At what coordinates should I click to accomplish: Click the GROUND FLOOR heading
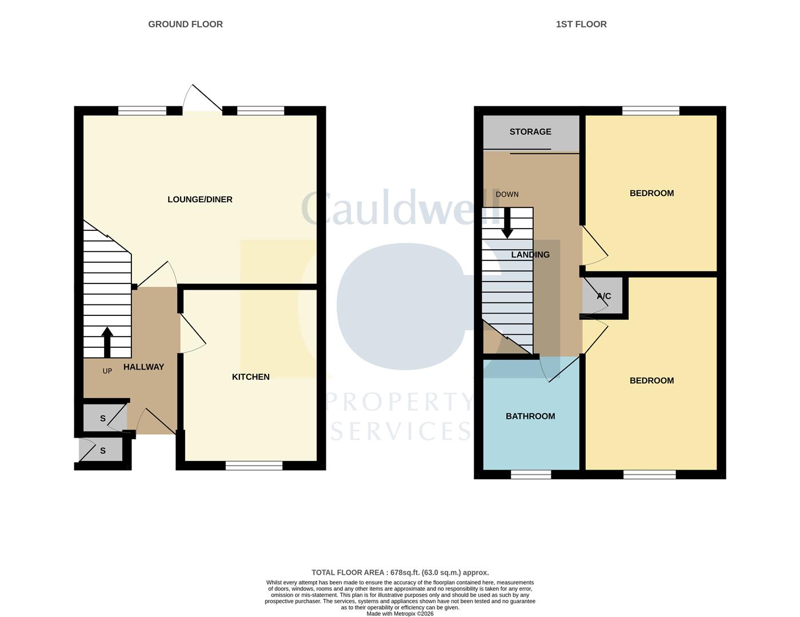[x=185, y=24]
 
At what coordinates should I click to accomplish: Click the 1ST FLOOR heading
[x=581, y=24]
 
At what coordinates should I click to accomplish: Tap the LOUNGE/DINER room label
[x=199, y=199]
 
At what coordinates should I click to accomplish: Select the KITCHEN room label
[x=250, y=376]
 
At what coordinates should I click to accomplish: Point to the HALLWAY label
[x=143, y=367]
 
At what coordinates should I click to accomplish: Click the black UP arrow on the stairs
[x=107, y=342]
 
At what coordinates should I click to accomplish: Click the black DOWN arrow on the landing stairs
[x=507, y=223]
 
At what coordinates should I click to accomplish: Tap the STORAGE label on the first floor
[x=530, y=131]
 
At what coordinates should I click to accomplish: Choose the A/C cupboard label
[x=604, y=296]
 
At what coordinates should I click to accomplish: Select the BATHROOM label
[x=530, y=416]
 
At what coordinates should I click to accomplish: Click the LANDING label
[x=530, y=254]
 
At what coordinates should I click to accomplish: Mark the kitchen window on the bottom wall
[x=254, y=466]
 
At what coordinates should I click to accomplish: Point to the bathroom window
[x=531, y=474]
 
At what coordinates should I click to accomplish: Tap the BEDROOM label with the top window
[x=651, y=193]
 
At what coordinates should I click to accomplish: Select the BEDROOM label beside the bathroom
[x=651, y=380]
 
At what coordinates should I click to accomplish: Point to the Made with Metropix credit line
[x=400, y=614]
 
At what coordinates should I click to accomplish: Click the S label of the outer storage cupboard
[x=103, y=451]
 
